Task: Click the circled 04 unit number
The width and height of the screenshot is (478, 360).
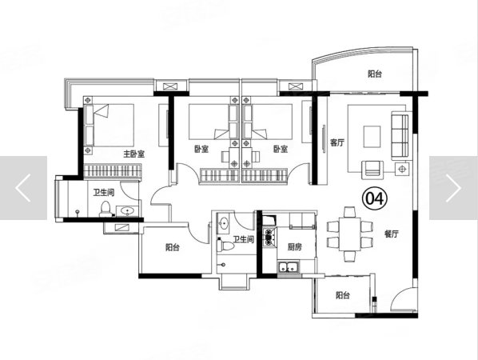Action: tap(374, 198)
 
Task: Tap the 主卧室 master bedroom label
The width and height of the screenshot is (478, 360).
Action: tap(133, 154)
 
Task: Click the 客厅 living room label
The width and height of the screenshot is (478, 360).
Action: tap(337, 142)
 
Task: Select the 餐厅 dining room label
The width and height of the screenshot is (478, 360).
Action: tap(392, 234)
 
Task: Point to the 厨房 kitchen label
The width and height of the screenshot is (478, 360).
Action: tap(295, 246)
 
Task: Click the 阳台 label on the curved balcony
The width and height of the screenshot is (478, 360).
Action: tap(375, 74)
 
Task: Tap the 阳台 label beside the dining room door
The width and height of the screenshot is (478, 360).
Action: tap(343, 295)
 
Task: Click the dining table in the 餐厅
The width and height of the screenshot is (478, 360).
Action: tap(350, 234)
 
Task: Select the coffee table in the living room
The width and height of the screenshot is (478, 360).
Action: tap(372, 136)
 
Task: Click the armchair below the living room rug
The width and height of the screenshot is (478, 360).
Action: tap(372, 170)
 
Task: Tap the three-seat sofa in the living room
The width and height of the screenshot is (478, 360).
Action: tap(400, 135)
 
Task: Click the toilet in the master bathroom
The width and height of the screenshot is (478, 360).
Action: tap(106, 210)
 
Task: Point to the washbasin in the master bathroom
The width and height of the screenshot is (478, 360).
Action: tap(127, 210)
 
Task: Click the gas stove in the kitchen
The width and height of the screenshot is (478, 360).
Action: tap(269, 235)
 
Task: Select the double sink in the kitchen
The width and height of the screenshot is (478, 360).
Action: tap(289, 266)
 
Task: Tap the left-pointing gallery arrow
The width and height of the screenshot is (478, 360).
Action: tap(23, 188)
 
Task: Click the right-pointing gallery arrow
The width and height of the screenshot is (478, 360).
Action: tap(453, 188)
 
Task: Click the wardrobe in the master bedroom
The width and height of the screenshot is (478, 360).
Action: tap(113, 171)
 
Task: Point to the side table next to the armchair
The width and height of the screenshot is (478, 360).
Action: tap(403, 169)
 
